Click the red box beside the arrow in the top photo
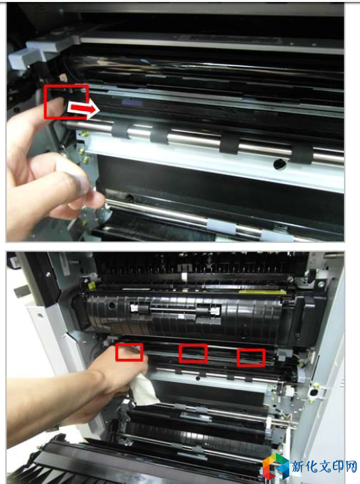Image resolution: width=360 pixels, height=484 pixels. pyautogui.click(x=66, y=102)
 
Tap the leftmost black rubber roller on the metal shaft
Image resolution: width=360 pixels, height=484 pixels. pyautogui.click(x=120, y=130)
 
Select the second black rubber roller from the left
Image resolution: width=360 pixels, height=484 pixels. pyautogui.click(x=159, y=135)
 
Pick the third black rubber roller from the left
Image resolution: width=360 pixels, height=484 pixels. pyautogui.click(x=230, y=144)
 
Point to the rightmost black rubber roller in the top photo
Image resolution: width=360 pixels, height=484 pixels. pyautogui.click(x=302, y=154)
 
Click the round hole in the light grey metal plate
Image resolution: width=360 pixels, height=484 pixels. pyautogui.click(x=280, y=164)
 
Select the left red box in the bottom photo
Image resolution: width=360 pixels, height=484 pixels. pyautogui.click(x=129, y=352)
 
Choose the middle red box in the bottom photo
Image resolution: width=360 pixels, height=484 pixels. pyautogui.click(x=193, y=354)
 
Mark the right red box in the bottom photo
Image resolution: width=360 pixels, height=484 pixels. pyautogui.click(x=251, y=358)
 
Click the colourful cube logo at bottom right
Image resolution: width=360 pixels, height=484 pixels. pyautogui.click(x=275, y=466)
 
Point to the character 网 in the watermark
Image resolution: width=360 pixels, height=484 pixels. pyautogui.click(x=350, y=466)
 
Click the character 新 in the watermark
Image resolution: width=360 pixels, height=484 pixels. pyautogui.click(x=298, y=466)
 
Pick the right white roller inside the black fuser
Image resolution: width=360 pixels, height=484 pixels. pyautogui.click(x=213, y=311)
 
